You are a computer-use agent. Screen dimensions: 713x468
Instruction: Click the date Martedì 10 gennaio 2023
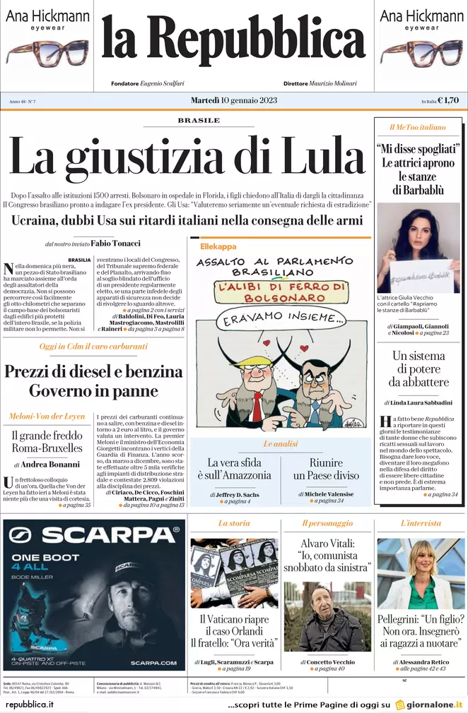tap(233, 100)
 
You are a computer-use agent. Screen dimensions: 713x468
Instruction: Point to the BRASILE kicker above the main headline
tap(199, 121)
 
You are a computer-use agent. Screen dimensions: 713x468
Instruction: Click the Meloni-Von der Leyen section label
tap(47, 417)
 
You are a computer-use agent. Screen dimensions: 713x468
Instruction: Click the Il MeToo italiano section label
tap(417, 128)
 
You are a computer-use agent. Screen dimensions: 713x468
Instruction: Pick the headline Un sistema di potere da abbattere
tap(421, 369)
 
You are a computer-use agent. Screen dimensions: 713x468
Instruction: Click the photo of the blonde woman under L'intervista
tap(421, 573)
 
